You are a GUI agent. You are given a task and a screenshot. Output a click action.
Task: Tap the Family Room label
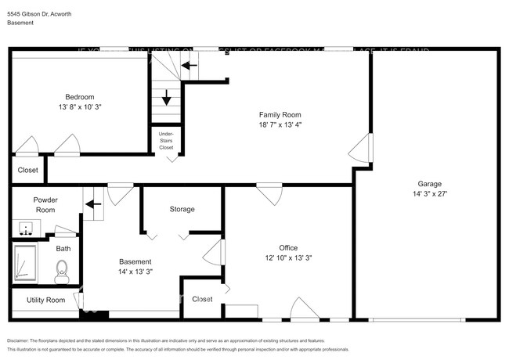pyautogui.click(x=280, y=113)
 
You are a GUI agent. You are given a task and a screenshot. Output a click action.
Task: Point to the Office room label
pyautogui.click(x=289, y=247)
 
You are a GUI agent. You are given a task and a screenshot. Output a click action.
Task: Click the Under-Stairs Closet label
pyautogui.click(x=166, y=140)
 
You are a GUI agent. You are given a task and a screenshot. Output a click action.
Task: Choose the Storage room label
pyautogui.click(x=182, y=209)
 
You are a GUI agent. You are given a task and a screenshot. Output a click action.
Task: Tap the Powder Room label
pyautogui.click(x=45, y=205)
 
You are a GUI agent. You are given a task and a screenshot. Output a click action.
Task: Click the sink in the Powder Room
pyautogui.click(x=28, y=230)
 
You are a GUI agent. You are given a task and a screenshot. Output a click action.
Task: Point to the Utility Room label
pyautogui.click(x=45, y=300)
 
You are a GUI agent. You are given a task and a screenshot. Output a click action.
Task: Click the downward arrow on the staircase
pyautogui.click(x=167, y=98)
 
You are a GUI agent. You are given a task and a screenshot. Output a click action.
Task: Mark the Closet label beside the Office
pyautogui.click(x=202, y=299)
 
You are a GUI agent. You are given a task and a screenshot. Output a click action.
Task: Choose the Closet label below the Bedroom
pyautogui.click(x=27, y=170)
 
